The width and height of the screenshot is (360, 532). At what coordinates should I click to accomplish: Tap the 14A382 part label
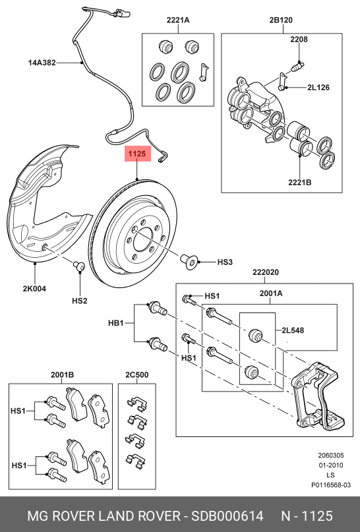(x=42, y=63)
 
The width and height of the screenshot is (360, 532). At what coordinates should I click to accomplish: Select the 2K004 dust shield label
(x=34, y=288)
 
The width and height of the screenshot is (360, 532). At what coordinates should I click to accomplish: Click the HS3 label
(x=225, y=262)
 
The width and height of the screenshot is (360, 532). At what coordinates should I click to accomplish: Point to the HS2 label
(x=79, y=301)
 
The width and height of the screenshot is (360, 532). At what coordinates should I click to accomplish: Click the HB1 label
(x=116, y=324)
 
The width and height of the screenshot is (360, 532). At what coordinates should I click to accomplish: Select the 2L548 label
(x=292, y=330)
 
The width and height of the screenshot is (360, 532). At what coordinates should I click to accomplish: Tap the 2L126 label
(x=318, y=87)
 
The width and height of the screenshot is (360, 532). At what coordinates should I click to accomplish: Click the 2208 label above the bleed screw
(x=299, y=40)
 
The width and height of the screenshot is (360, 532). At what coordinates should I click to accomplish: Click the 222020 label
(x=265, y=272)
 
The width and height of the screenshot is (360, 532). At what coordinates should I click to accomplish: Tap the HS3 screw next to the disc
(x=190, y=263)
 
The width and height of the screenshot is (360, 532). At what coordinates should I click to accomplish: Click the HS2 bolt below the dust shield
(x=79, y=266)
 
